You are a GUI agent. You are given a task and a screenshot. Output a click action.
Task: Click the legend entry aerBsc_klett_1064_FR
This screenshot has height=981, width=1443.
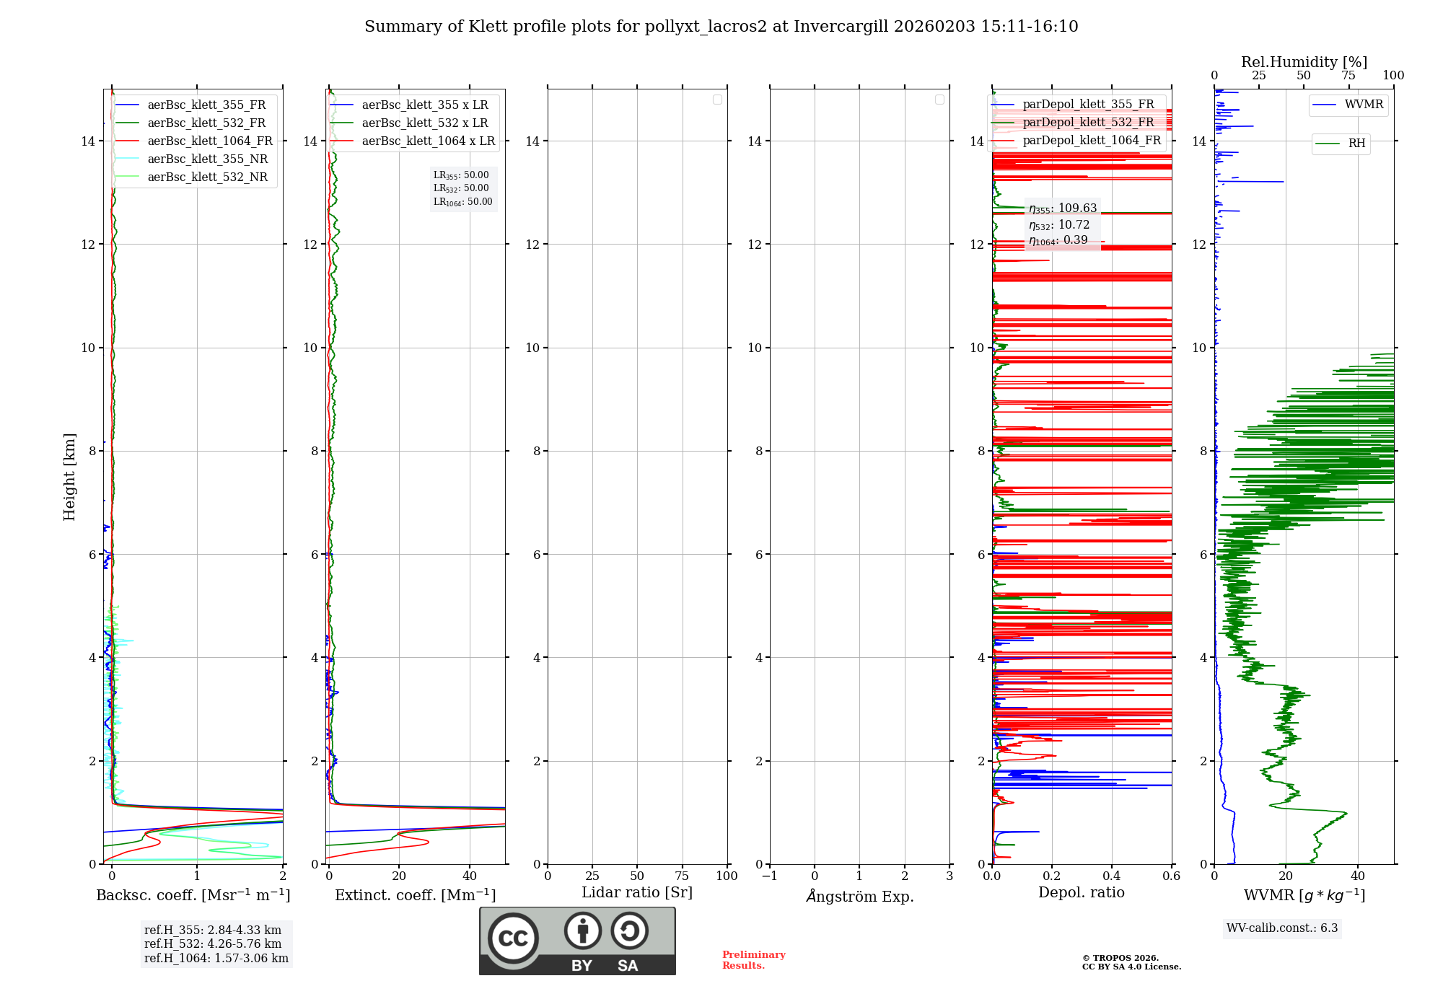[x=209, y=141]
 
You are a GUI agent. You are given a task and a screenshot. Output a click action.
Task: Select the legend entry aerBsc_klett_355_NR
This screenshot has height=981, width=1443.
[x=207, y=159]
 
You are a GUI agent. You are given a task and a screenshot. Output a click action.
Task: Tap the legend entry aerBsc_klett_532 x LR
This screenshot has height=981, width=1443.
[x=424, y=123]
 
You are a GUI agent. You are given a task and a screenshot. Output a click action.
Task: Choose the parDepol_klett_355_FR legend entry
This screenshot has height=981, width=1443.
[x=1088, y=105]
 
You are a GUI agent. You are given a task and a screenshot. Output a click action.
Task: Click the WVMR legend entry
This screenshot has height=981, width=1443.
[x=1363, y=105]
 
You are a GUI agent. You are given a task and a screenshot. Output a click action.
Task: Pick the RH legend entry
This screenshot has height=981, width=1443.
[x=1356, y=144]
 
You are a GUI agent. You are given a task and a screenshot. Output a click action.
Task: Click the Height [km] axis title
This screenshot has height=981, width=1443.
[x=69, y=477]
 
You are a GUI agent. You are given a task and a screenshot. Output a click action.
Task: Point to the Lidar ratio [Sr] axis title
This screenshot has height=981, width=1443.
[x=637, y=893]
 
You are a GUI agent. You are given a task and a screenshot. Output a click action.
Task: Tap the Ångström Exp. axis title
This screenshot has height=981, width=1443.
[x=859, y=897]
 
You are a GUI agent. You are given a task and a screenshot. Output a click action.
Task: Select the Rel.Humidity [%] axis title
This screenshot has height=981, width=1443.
[x=1304, y=62]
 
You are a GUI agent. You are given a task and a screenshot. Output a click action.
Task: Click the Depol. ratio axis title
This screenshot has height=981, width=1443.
[x=1081, y=893]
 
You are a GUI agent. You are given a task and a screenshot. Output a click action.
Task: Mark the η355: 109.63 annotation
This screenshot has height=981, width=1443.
[x=1063, y=208]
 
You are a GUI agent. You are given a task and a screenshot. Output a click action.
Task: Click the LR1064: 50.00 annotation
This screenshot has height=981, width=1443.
[x=462, y=202]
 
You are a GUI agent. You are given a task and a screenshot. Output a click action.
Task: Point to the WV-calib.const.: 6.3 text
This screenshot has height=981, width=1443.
[x=1282, y=928]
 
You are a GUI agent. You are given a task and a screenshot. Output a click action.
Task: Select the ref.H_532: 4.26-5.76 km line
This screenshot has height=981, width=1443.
[x=213, y=944]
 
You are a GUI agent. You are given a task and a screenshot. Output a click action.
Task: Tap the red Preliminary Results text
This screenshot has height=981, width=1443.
[x=753, y=960]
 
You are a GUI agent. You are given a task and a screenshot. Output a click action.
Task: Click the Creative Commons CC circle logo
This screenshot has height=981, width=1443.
[x=513, y=938]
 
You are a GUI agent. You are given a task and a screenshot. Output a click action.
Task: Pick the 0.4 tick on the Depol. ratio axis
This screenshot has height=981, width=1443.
[x=1112, y=876]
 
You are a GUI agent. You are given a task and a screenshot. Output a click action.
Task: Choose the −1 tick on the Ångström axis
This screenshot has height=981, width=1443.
[x=770, y=876]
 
